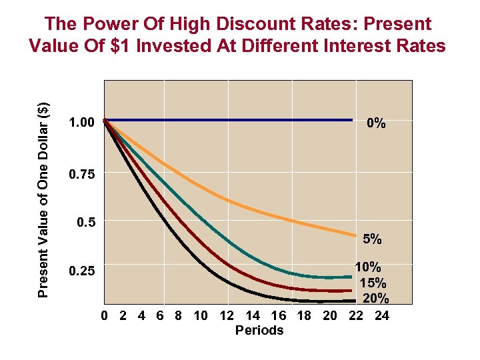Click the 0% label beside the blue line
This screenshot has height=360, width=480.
click(376, 123)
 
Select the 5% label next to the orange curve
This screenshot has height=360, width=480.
click(372, 239)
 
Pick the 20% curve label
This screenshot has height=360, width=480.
click(375, 297)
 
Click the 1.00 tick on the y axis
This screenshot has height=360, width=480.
click(82, 123)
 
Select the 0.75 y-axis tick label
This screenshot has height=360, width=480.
click(82, 175)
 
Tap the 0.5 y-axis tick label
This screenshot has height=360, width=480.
click(85, 222)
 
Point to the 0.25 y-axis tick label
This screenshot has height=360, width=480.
click(82, 271)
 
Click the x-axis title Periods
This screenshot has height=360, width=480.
click(259, 331)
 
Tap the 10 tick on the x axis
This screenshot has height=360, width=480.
click(201, 316)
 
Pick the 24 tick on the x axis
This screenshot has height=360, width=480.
click(381, 316)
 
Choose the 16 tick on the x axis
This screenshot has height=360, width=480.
click(279, 316)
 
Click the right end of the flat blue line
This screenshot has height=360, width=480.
click(351, 120)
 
